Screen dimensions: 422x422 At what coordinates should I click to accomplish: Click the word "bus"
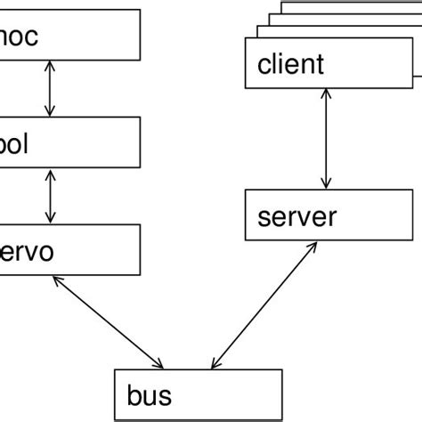click(149, 394)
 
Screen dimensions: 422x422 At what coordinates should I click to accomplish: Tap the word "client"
click(290, 65)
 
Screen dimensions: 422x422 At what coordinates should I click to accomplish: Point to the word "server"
click(296, 216)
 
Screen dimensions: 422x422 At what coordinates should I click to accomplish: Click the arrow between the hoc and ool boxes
click(50, 88)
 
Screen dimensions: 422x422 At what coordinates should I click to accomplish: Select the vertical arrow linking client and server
click(329, 139)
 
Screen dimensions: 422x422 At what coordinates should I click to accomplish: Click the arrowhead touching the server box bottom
click(312, 248)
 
